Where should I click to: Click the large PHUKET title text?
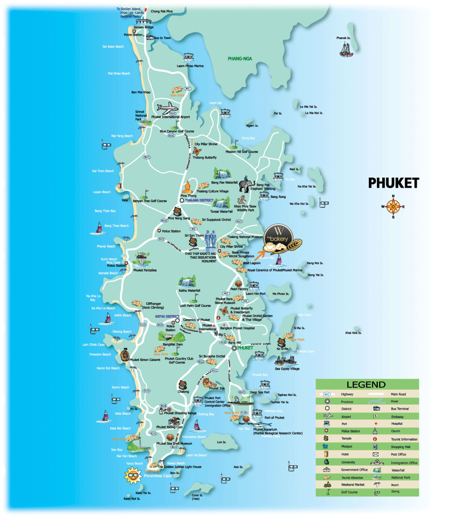tap(393, 183)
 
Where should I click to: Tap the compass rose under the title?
tap(393, 206)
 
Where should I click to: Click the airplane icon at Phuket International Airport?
tap(167, 108)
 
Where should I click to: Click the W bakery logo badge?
tap(279, 240)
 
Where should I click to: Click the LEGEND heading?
tap(366, 384)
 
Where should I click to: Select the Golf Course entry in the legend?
tap(349, 492)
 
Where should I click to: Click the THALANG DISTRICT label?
tap(200, 201)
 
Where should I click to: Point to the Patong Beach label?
tap(121, 332)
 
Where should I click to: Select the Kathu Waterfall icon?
tap(188, 281)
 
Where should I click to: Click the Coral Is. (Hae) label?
tap(197, 497)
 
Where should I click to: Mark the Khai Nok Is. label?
tap(353, 333)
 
